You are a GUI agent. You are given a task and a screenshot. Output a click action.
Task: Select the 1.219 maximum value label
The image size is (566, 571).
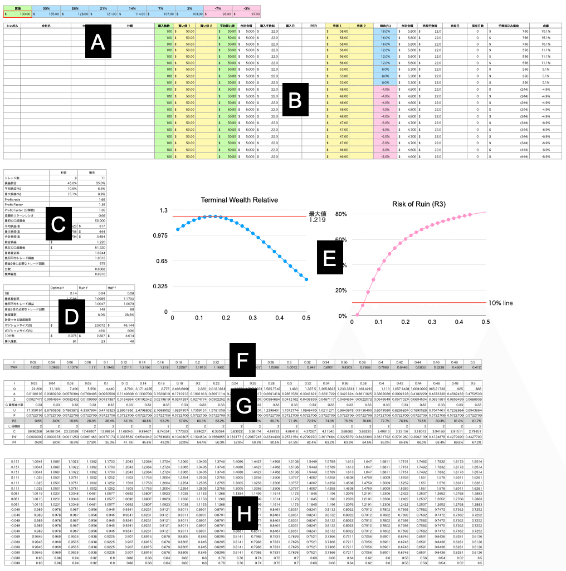click(x=317, y=220)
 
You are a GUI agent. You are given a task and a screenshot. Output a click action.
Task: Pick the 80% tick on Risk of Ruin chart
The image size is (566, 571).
click(x=340, y=214)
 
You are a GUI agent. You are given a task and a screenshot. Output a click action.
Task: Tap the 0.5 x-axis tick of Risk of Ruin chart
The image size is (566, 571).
click(x=486, y=322)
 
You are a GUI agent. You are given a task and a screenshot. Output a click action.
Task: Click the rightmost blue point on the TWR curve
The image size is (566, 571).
click(x=306, y=279)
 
